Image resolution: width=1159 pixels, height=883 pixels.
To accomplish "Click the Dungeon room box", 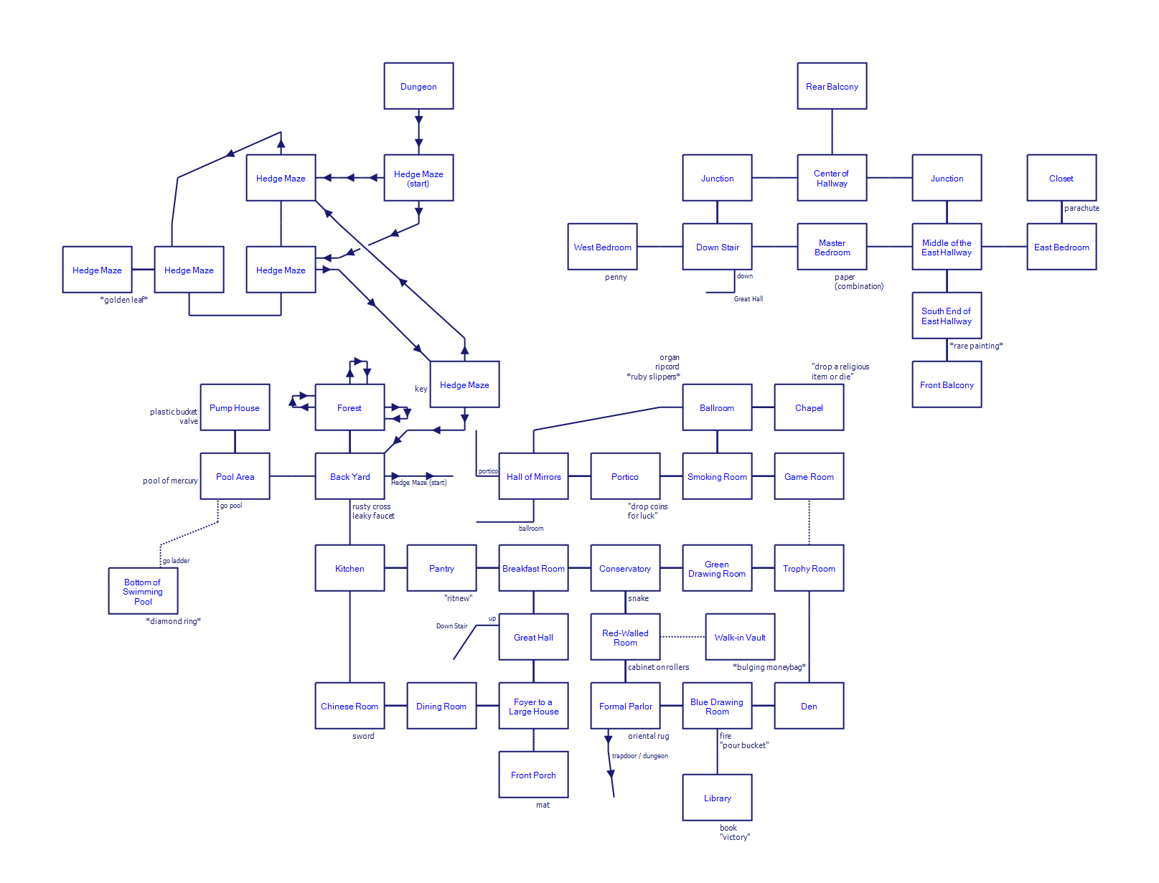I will click(x=418, y=86).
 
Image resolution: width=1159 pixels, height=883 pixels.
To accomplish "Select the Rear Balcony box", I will click(x=832, y=86).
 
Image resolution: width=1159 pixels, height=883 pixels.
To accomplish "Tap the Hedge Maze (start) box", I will click(x=418, y=178).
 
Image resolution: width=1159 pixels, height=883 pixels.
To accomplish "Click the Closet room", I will click(x=1061, y=178).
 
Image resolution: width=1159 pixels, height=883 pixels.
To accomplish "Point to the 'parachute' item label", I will click(x=1081, y=208).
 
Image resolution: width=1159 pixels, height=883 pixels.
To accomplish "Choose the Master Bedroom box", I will click(x=832, y=247).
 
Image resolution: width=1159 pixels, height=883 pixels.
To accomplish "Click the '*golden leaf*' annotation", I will click(x=123, y=300).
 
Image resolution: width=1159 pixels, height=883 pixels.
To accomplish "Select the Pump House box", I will click(x=235, y=407).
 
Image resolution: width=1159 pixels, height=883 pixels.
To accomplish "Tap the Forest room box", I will click(x=349, y=407).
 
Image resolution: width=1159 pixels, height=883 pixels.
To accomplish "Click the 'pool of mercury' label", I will click(x=170, y=481).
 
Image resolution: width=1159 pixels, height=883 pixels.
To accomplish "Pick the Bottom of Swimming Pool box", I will click(x=143, y=591).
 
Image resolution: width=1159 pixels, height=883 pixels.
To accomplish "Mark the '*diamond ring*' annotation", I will click(x=173, y=621).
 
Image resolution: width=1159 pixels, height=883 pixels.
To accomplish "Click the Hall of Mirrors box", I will click(x=533, y=476).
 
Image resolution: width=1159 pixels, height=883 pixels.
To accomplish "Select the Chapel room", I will click(x=809, y=407).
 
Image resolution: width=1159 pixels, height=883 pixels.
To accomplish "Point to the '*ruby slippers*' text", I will click(x=653, y=377).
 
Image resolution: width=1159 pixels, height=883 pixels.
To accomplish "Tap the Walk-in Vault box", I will click(x=740, y=637).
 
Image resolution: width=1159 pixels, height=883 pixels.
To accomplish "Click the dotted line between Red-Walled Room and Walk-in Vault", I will click(x=682, y=636).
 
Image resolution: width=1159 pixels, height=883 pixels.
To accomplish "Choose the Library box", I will click(x=717, y=798).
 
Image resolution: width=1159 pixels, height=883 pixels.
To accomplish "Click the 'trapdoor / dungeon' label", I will click(x=639, y=756).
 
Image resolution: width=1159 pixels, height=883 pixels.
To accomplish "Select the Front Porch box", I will click(x=533, y=775).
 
